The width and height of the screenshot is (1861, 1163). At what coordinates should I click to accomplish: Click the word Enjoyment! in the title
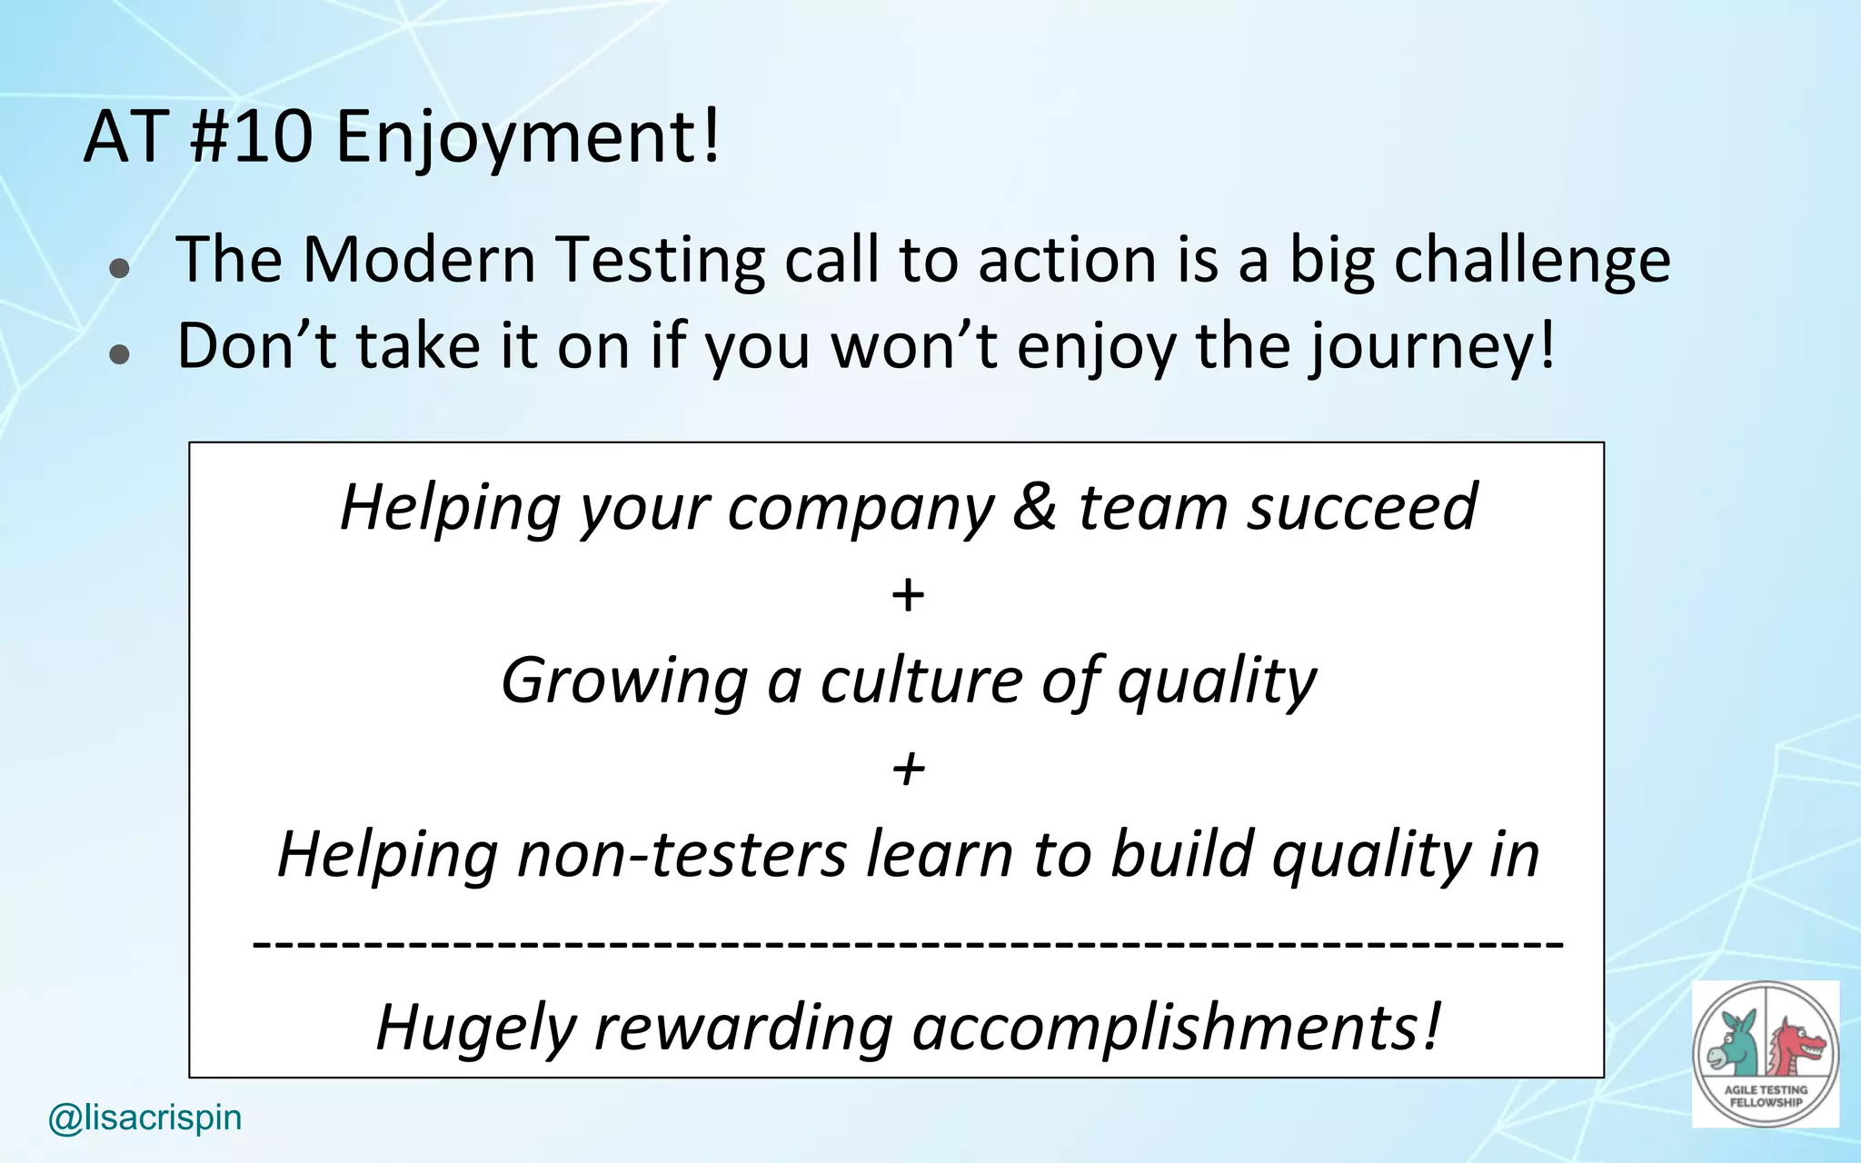527,138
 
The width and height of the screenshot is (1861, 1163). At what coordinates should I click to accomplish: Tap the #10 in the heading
251,138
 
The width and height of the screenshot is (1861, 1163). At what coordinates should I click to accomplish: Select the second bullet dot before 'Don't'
119,354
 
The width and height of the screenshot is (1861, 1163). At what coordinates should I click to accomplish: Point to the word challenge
1532,262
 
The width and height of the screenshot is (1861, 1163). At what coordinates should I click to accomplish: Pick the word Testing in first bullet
661,262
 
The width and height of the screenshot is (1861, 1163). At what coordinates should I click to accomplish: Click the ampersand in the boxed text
1035,507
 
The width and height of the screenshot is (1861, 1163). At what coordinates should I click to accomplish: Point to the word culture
921,680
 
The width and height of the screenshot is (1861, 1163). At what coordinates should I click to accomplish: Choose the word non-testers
682,854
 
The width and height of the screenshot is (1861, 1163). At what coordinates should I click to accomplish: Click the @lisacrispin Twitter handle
145,1118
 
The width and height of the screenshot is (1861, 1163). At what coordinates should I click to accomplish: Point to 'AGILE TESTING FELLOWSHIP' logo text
1766,1096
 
